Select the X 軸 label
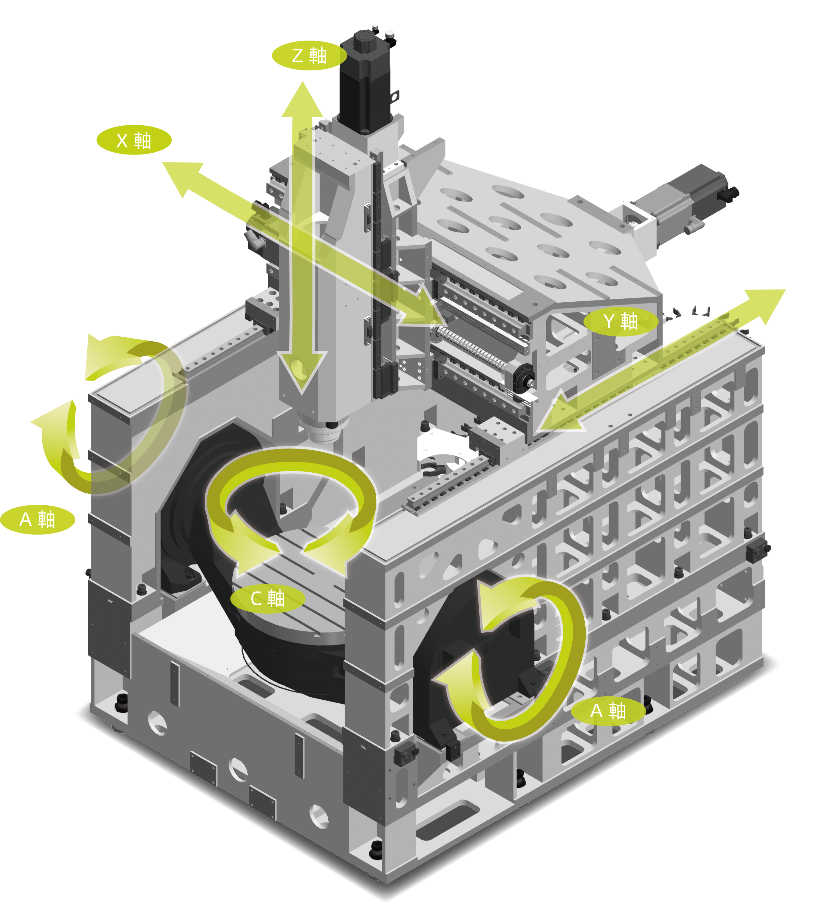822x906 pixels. point(134,140)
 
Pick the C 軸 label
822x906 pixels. point(267,598)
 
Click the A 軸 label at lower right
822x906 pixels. point(608,711)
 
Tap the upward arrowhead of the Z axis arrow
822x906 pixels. point(302,100)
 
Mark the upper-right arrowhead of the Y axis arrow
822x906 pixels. point(764,305)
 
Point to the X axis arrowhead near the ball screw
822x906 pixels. point(422,308)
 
